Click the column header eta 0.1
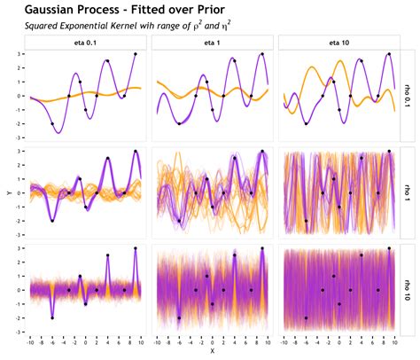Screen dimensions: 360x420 coord(85,43)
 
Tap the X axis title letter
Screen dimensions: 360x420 coord(212,352)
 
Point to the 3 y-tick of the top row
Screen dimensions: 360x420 coord(19,54)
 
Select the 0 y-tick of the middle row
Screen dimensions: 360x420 coord(19,192)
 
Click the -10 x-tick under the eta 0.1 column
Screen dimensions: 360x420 coord(31,340)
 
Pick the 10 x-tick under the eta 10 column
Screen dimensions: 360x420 coord(393,340)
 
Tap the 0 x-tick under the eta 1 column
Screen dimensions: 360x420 coord(212,340)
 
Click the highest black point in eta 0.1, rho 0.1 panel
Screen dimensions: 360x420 coord(135,54)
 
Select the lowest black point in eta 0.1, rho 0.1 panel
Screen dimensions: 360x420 coord(52,123)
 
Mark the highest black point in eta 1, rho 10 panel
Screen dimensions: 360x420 coord(262,248)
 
